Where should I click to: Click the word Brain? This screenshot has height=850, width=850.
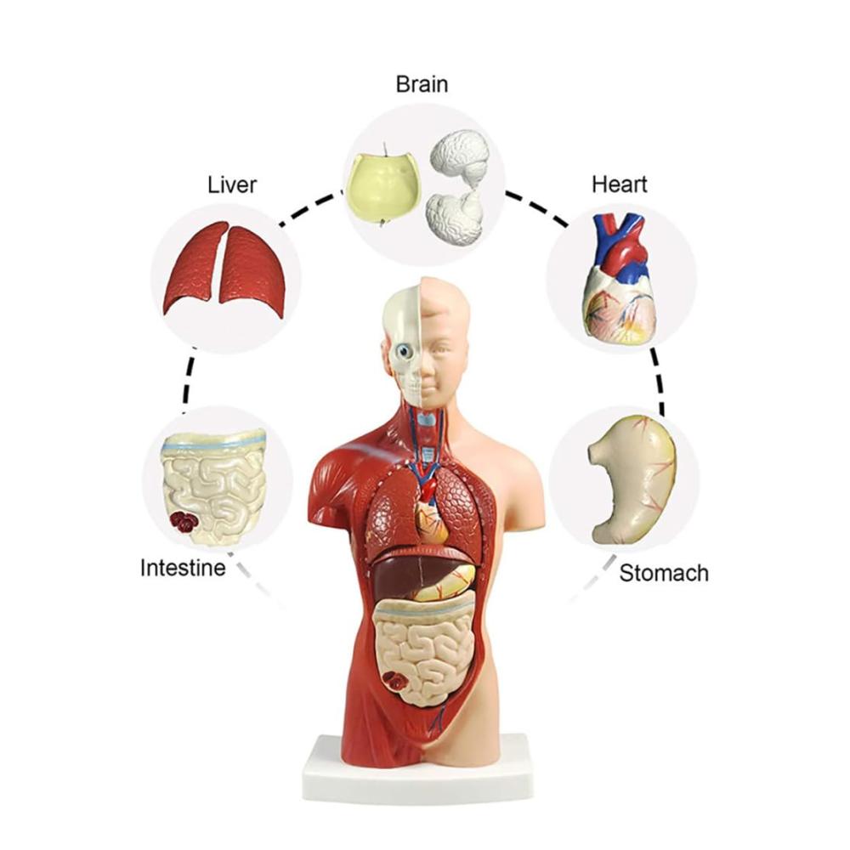422,84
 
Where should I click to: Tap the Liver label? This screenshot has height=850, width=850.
231,184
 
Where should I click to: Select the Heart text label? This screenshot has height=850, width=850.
619,184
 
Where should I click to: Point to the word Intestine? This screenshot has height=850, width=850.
183,568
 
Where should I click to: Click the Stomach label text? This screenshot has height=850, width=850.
664,573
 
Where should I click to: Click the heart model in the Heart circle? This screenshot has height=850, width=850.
620,279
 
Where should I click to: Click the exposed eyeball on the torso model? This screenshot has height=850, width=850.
404,351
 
